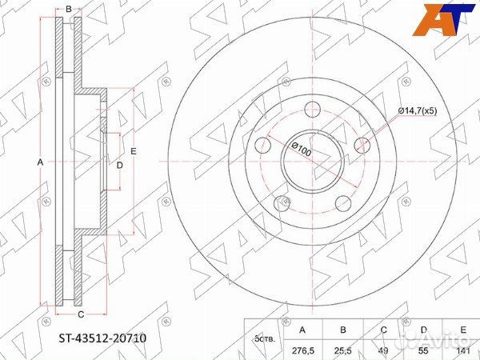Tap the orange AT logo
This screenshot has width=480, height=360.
[439, 20]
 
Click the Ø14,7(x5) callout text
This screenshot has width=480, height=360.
[423, 112]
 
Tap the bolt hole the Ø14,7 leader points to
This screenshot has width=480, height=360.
[362, 145]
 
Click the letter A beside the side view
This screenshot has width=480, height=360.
[41, 162]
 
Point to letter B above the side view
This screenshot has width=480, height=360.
[69, 10]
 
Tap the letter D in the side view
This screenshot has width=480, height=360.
[119, 165]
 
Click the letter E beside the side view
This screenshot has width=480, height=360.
[134, 151]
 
